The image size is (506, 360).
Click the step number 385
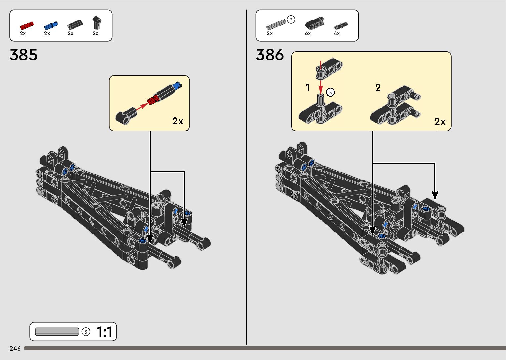pos(23,55)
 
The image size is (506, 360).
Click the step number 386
pos(270,55)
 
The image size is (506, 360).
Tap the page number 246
pos(15,348)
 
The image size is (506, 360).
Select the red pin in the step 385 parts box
pos(26,25)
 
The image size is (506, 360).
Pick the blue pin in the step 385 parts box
pos(51,25)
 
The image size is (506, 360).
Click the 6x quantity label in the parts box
pos(308,33)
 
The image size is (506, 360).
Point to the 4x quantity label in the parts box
pos(337,33)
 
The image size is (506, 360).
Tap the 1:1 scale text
pos(104,332)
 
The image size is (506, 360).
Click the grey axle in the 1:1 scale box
pos(57,332)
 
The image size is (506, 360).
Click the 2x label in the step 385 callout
pos(178,121)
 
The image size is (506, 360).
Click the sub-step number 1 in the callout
pos(308,88)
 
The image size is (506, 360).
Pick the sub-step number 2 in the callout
pos(378,88)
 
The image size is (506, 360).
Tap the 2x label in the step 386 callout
pos(440,122)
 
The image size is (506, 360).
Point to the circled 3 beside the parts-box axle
pos(291,20)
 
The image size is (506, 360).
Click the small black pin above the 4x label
pos(340,26)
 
